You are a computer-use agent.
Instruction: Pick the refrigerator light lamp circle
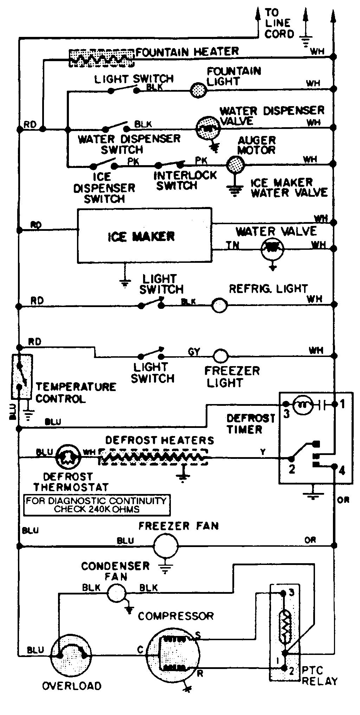(x=219, y=305)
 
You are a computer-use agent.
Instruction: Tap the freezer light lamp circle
(x=220, y=356)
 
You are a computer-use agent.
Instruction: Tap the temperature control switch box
(x=22, y=376)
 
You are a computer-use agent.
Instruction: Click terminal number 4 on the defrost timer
(x=342, y=470)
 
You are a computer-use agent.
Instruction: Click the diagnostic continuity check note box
(x=96, y=505)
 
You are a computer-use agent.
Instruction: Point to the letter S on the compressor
(x=198, y=635)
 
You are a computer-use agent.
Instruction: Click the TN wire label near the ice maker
(x=232, y=245)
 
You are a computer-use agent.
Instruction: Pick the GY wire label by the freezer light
(x=194, y=351)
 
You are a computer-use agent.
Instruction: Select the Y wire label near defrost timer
(x=263, y=452)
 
